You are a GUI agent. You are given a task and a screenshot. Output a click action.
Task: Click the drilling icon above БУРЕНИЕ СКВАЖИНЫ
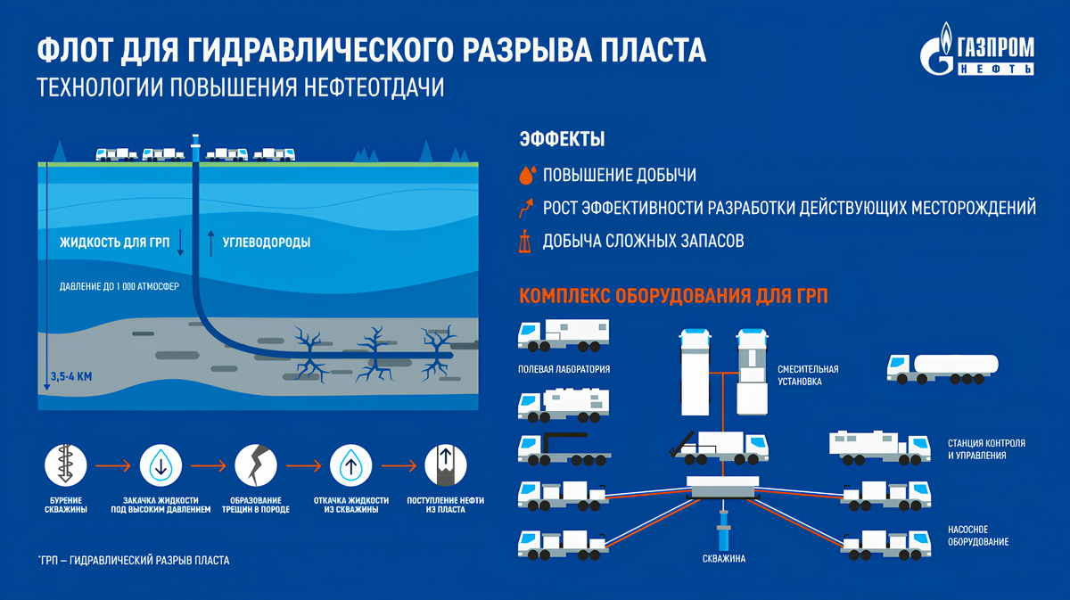66,464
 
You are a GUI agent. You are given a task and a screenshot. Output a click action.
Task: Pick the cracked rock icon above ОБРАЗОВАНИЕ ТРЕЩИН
257,464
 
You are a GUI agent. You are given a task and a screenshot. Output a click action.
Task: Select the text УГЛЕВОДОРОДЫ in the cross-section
267,242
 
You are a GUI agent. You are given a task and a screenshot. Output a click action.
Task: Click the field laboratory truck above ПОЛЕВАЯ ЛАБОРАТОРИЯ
563,336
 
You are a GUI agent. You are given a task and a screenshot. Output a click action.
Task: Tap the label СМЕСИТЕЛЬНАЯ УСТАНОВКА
808,374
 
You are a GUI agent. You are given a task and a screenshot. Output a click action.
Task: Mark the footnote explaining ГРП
134,561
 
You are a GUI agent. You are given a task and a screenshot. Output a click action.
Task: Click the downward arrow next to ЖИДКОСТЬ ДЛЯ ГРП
180,242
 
